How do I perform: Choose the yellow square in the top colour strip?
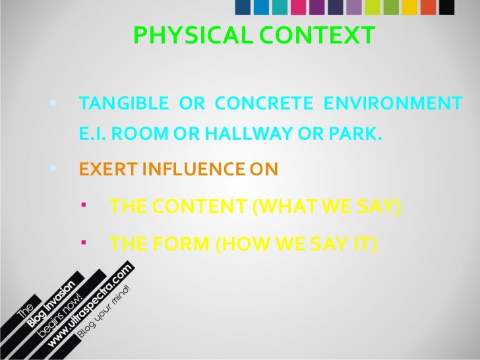tap(410, 6)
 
